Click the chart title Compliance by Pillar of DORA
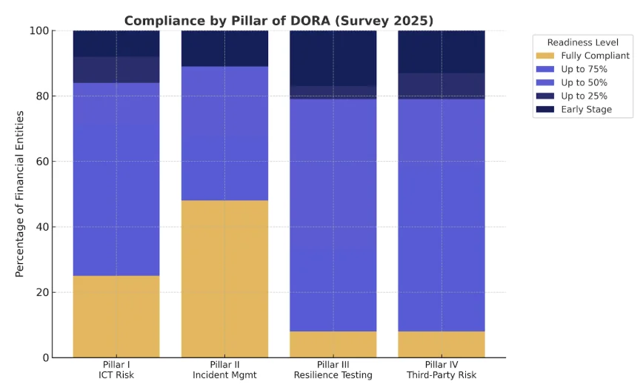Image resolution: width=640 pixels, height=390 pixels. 279,21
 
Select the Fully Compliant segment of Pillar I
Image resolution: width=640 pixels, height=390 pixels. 116,317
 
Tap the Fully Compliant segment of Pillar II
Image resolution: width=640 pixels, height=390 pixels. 224,279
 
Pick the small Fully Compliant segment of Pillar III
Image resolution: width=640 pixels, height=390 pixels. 333,344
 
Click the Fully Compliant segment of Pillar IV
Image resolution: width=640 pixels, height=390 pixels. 441,344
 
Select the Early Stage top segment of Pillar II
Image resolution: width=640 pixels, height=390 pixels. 224,48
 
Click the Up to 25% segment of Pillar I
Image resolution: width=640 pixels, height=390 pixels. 116,70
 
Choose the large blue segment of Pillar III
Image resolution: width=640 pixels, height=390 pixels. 333,215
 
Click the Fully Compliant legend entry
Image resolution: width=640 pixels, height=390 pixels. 582,56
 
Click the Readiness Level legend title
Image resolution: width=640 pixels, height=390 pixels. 582,42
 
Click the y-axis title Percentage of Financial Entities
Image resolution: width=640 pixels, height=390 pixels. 20,194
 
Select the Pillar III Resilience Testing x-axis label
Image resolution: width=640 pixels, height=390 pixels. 333,371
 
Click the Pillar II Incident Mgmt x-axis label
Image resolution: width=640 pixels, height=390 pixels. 224,371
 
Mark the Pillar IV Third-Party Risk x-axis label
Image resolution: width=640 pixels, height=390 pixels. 441,371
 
